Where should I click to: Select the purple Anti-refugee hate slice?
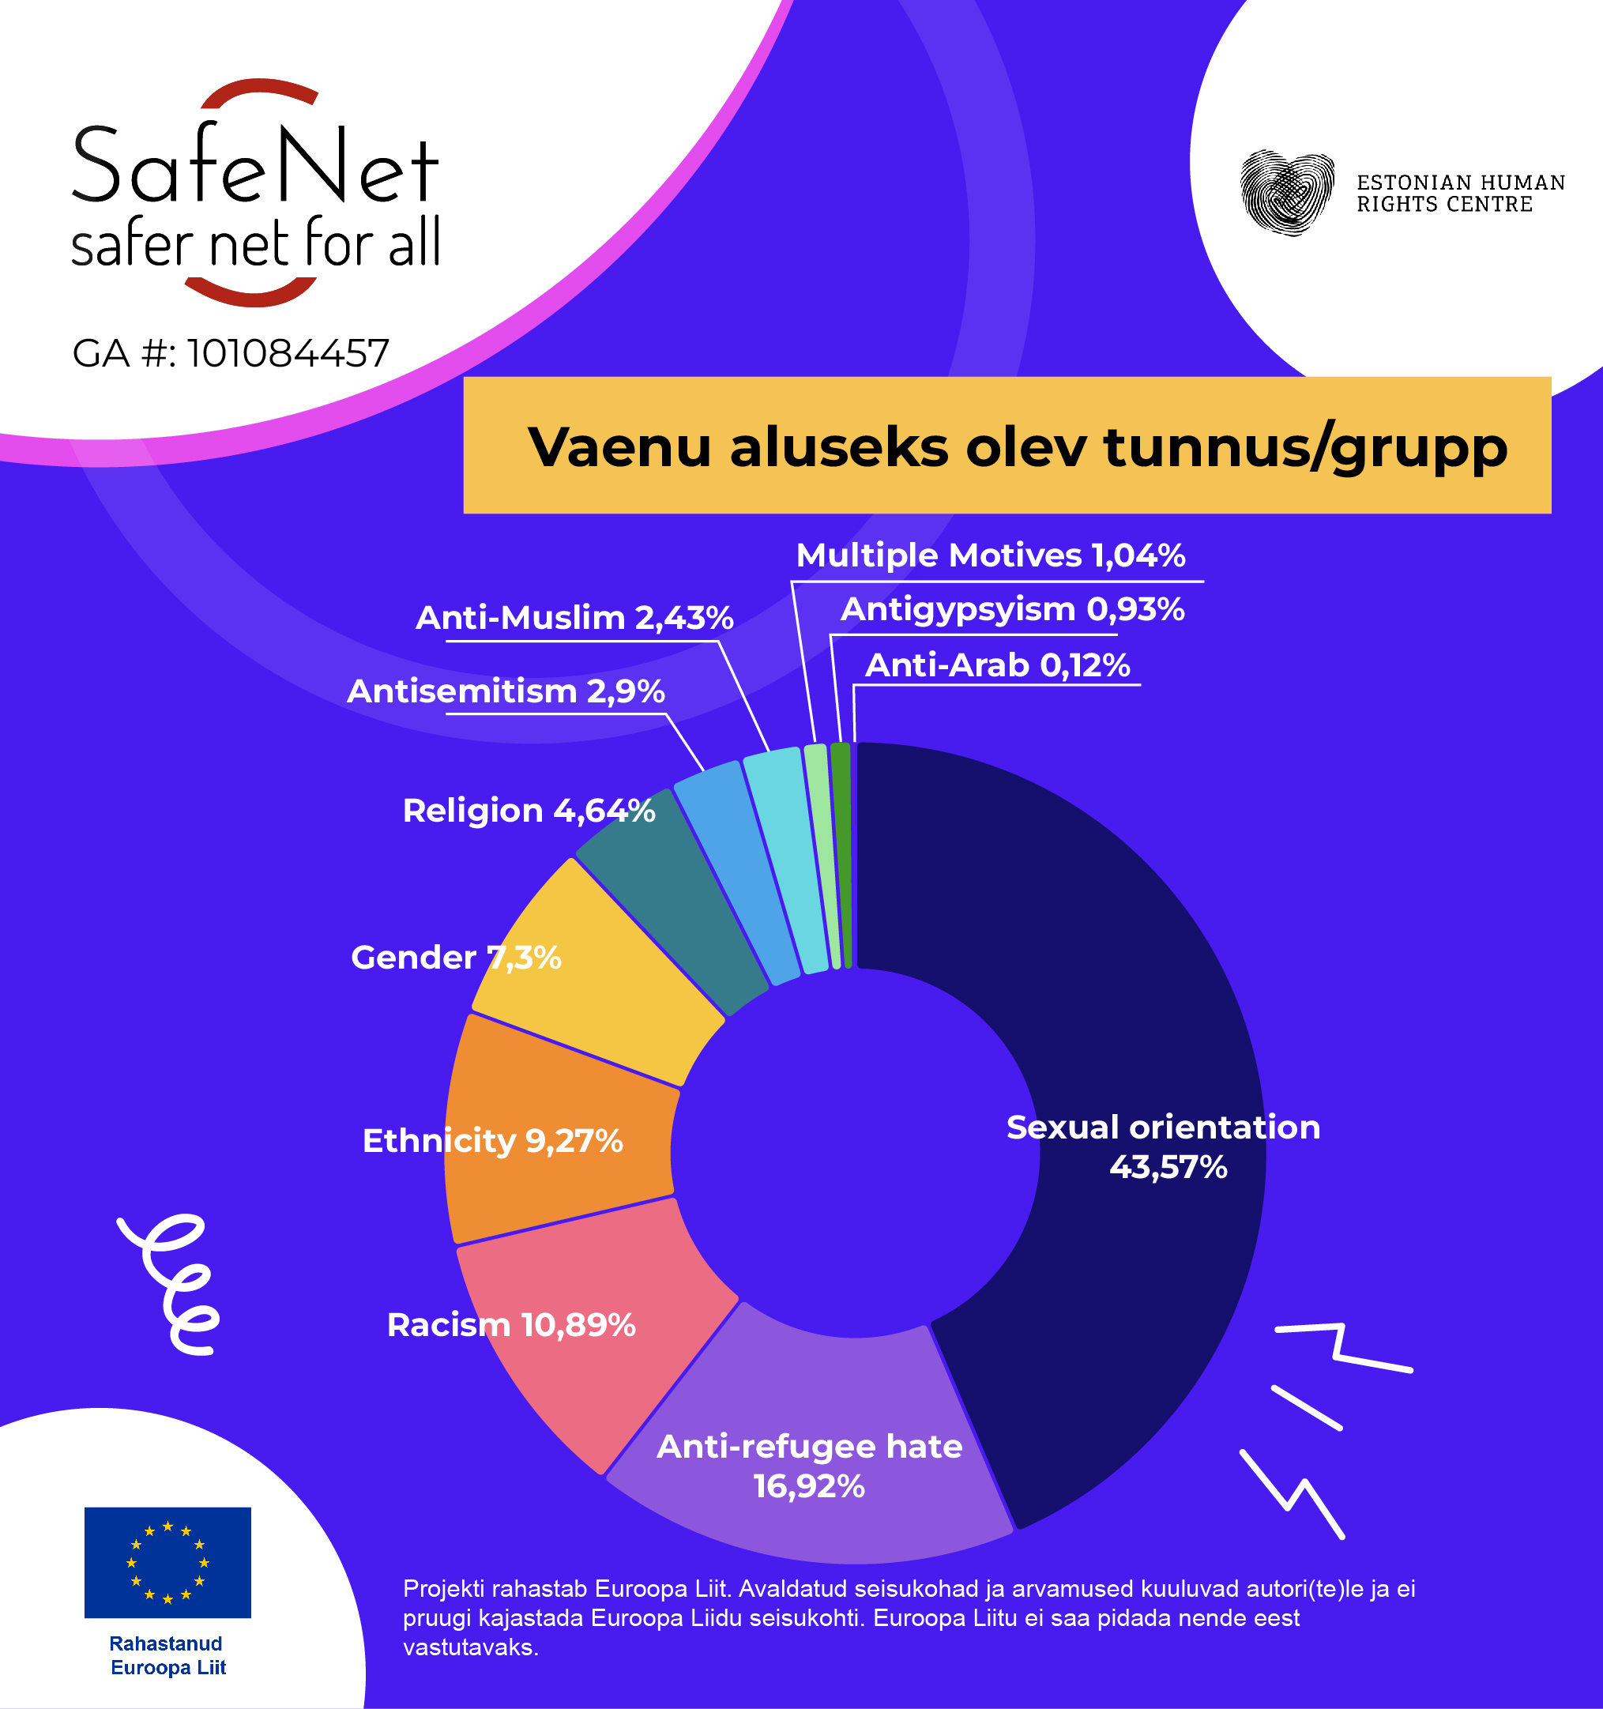click(808, 1410)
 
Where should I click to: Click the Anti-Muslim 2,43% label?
click(574, 618)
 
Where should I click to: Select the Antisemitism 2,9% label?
click(506, 691)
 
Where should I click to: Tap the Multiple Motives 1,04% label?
click(990, 555)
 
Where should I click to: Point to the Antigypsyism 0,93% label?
click(1012, 609)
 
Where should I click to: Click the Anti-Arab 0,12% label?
click(997, 665)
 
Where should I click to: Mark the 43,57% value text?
click(1167, 1168)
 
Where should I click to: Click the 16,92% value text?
click(809, 1486)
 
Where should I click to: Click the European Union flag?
click(167, 1562)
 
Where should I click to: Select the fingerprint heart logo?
click(1287, 193)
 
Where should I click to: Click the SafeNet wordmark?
click(255, 168)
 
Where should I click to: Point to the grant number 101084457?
click(288, 353)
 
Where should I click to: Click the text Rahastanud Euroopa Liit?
click(167, 1654)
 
